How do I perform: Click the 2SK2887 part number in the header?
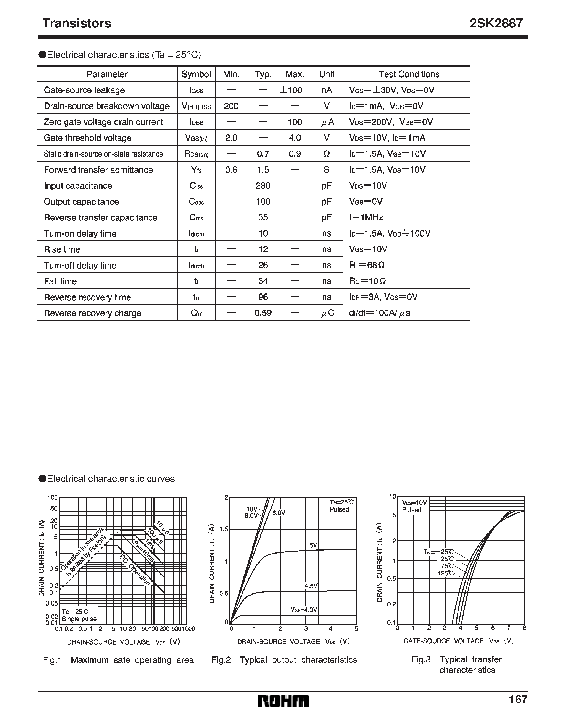click(x=496, y=23)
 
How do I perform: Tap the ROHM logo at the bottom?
click(x=283, y=701)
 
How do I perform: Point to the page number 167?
click(x=518, y=699)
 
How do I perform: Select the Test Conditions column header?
click(x=409, y=74)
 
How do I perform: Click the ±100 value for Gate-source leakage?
click(x=291, y=90)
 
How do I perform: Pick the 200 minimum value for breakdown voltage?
click(x=231, y=106)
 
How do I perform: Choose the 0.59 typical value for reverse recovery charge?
click(x=263, y=313)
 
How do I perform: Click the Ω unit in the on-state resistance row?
click(x=326, y=154)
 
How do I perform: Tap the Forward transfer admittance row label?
click(x=98, y=170)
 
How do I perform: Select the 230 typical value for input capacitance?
click(x=263, y=186)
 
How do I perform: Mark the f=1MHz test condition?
click(x=366, y=217)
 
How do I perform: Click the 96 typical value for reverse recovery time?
click(x=263, y=297)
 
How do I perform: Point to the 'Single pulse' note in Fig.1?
click(x=79, y=619)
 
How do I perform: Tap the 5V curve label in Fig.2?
click(x=313, y=545)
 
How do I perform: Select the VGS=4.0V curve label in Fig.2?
click(x=304, y=610)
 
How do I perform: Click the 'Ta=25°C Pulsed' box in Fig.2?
click(x=341, y=506)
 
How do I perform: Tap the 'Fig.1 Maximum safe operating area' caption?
click(x=118, y=660)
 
